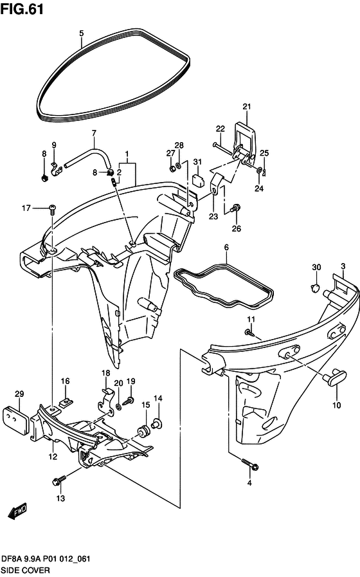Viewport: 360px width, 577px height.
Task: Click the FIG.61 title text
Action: click(x=22, y=9)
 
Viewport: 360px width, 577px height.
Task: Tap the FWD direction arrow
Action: click(x=17, y=511)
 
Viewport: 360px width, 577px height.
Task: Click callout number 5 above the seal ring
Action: click(x=81, y=33)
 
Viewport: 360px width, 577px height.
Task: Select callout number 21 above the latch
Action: click(x=246, y=106)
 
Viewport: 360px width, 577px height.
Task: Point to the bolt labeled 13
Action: click(x=59, y=480)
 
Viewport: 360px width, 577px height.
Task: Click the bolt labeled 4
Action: click(x=250, y=464)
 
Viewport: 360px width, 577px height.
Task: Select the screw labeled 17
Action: click(x=52, y=208)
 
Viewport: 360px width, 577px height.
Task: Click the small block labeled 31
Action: click(x=198, y=180)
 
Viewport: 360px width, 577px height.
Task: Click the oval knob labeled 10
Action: click(x=335, y=378)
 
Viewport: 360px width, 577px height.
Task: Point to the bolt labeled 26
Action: click(x=235, y=208)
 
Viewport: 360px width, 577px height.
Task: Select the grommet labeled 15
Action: click(x=143, y=430)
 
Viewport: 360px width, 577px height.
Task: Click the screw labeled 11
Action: click(x=249, y=333)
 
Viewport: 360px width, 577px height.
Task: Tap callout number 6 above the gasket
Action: click(x=226, y=247)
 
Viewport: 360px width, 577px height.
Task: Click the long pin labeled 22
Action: click(x=222, y=149)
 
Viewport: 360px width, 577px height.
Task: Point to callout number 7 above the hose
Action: click(x=94, y=133)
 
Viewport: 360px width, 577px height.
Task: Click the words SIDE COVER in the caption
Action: click(x=25, y=571)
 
